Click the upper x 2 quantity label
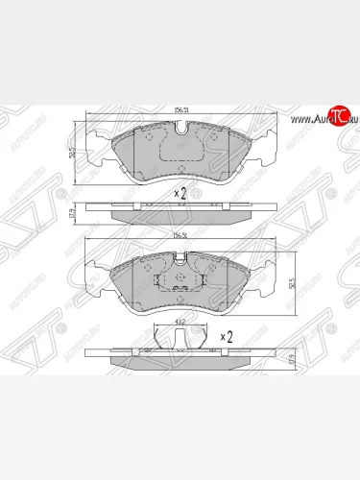coord(180,192)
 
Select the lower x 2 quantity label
coord(228,337)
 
